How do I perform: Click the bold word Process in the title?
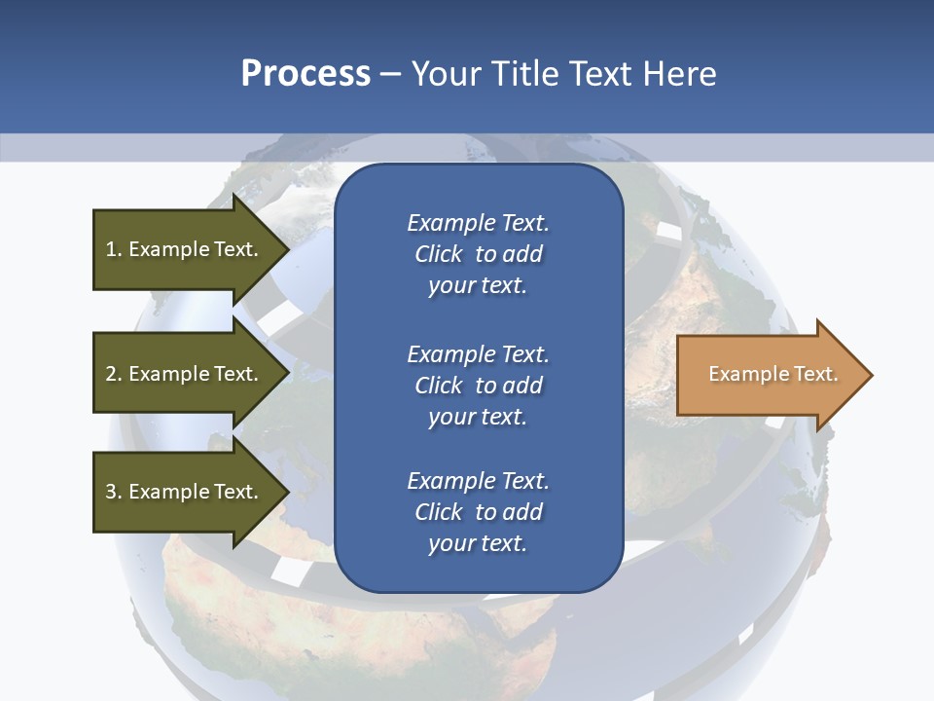pos(305,74)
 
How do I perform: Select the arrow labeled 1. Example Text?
pos(185,249)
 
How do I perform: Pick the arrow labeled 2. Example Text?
pos(185,374)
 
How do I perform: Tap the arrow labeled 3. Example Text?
pos(185,492)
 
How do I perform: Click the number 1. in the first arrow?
pos(114,249)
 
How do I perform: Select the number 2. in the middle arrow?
pos(114,374)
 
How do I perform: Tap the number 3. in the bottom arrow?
pos(114,492)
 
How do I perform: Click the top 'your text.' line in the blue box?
pos(478,286)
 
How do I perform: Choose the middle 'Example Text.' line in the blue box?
pos(478,354)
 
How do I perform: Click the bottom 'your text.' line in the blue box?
pos(478,544)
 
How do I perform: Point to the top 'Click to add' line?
pos(478,255)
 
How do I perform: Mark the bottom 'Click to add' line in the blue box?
pos(478,512)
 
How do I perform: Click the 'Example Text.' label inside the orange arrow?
pos(773,374)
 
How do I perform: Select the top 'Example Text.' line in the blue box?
pos(478,223)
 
